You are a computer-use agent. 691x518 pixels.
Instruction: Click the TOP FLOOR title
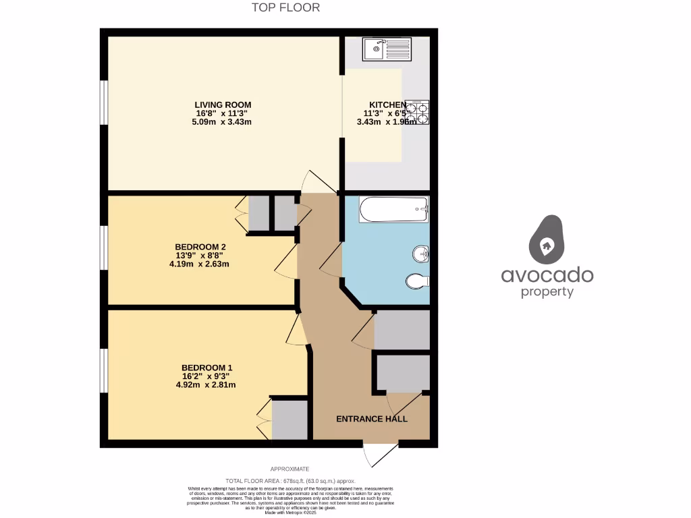[x=285, y=7]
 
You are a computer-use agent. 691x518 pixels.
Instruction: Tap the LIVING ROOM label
[x=223, y=105]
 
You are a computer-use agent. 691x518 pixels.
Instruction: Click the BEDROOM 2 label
[x=200, y=247]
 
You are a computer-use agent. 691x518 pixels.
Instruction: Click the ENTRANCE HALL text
[x=372, y=419]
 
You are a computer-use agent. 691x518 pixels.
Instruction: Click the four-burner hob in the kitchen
[x=417, y=113]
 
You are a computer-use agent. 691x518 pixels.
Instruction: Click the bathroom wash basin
[x=420, y=254]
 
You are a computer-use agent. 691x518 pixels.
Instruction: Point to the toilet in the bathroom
[x=418, y=281]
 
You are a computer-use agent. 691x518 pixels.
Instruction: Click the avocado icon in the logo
[x=547, y=240]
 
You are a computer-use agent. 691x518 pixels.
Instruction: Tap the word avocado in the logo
[x=547, y=275]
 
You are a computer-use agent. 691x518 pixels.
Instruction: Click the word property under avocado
[x=547, y=292]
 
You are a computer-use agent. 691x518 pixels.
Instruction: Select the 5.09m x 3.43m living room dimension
[x=223, y=122]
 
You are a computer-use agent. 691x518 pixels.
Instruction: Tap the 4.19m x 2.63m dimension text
[x=200, y=264]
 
